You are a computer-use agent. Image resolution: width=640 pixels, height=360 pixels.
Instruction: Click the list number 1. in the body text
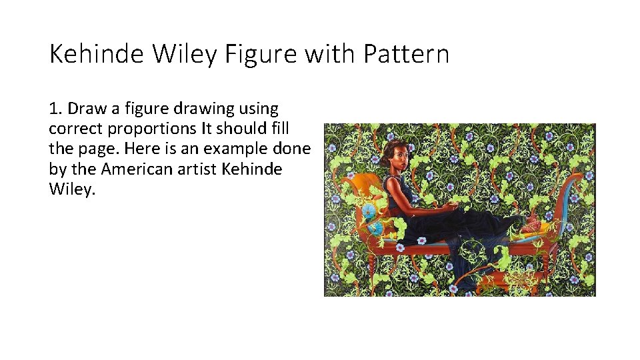pos(55,108)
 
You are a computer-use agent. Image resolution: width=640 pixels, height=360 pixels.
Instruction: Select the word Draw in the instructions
pos(85,108)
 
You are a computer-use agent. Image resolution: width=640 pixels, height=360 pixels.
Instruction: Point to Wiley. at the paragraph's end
pos(73,189)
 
